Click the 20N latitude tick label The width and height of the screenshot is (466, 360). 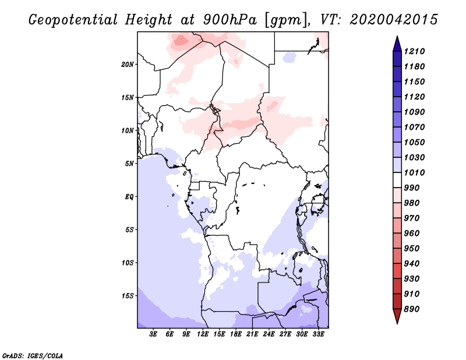coord(128,64)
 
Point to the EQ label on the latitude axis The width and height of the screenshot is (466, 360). coord(129,196)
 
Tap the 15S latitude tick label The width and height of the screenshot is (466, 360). coord(128,295)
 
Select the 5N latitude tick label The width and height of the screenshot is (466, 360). coord(129,163)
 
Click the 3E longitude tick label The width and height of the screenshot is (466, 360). coord(154,334)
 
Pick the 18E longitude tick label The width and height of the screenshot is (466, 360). coord(236,334)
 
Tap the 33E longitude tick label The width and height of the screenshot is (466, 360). coord(318,334)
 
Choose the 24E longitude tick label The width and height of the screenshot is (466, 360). coord(269,334)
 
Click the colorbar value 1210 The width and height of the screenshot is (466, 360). coord(416,51)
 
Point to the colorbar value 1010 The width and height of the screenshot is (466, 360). coord(416,172)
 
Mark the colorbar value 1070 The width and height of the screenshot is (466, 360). coord(416,127)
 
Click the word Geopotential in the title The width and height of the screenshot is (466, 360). coord(72,20)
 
